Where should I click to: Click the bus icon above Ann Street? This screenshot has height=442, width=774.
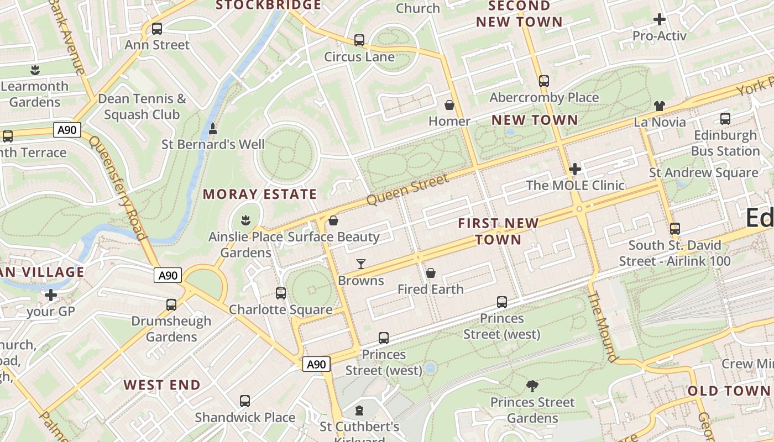pyautogui.click(x=157, y=29)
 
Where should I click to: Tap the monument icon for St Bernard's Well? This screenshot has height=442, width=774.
pyautogui.click(x=213, y=129)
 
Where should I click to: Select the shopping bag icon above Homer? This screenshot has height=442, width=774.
pyautogui.click(x=449, y=105)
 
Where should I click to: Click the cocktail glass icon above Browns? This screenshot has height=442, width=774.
pyautogui.click(x=361, y=264)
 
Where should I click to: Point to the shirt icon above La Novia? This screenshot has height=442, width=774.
pyautogui.click(x=659, y=106)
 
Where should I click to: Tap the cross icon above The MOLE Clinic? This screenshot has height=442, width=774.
pyautogui.click(x=575, y=169)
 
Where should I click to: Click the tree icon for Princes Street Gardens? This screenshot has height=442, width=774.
pyautogui.click(x=532, y=386)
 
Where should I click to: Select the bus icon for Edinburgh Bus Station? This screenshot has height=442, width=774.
pyautogui.click(x=725, y=119)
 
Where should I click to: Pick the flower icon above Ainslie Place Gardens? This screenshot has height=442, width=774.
pyautogui.click(x=246, y=221)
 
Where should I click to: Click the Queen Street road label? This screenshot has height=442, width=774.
pyautogui.click(x=407, y=190)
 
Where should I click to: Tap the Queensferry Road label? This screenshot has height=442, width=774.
pyautogui.click(x=118, y=188)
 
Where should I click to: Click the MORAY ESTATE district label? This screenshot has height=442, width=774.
pyautogui.click(x=260, y=194)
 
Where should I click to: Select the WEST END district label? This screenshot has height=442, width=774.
pyautogui.click(x=162, y=385)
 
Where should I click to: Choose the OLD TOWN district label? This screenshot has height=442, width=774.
pyautogui.click(x=729, y=391)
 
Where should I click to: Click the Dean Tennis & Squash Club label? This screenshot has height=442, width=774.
pyautogui.click(x=142, y=107)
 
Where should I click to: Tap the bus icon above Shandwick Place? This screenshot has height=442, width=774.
pyautogui.click(x=245, y=401)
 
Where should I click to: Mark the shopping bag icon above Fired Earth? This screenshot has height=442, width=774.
pyautogui.click(x=431, y=273)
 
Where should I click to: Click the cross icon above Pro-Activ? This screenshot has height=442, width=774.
pyautogui.click(x=659, y=20)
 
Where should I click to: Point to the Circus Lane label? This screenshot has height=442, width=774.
pyautogui.click(x=359, y=57)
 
